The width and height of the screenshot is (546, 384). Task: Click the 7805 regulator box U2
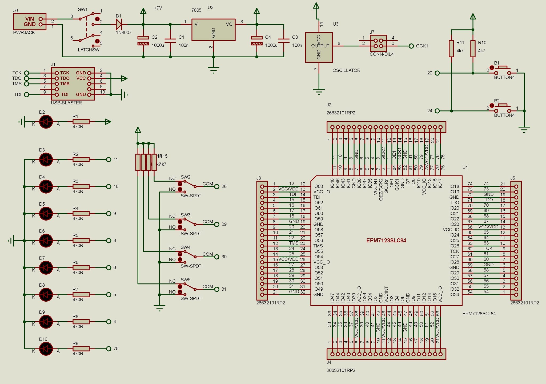(213, 30)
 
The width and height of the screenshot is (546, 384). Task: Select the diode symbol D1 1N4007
(119, 25)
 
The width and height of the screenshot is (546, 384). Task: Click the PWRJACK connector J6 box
(30, 22)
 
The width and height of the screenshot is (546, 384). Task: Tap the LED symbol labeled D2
(46, 122)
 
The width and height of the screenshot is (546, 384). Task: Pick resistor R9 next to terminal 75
(81, 349)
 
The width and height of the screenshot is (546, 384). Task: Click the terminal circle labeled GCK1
(411, 46)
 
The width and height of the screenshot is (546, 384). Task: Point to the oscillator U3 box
(319, 47)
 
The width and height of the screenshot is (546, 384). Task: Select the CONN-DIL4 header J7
(378, 43)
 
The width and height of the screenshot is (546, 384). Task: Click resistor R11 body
(451, 49)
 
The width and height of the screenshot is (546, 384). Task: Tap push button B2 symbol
(503, 109)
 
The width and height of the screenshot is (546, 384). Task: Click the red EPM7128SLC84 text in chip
(386, 241)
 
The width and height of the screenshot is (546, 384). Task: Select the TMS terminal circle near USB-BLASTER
(26, 84)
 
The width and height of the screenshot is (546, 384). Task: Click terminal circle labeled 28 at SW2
(217, 186)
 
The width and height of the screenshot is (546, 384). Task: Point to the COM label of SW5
(208, 287)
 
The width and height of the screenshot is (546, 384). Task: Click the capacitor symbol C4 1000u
(256, 41)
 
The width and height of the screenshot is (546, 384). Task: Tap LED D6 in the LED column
(46, 241)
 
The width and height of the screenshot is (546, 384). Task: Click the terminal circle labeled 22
(437, 73)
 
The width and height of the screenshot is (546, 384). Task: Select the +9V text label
(158, 8)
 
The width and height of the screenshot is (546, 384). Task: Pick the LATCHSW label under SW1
(89, 50)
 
